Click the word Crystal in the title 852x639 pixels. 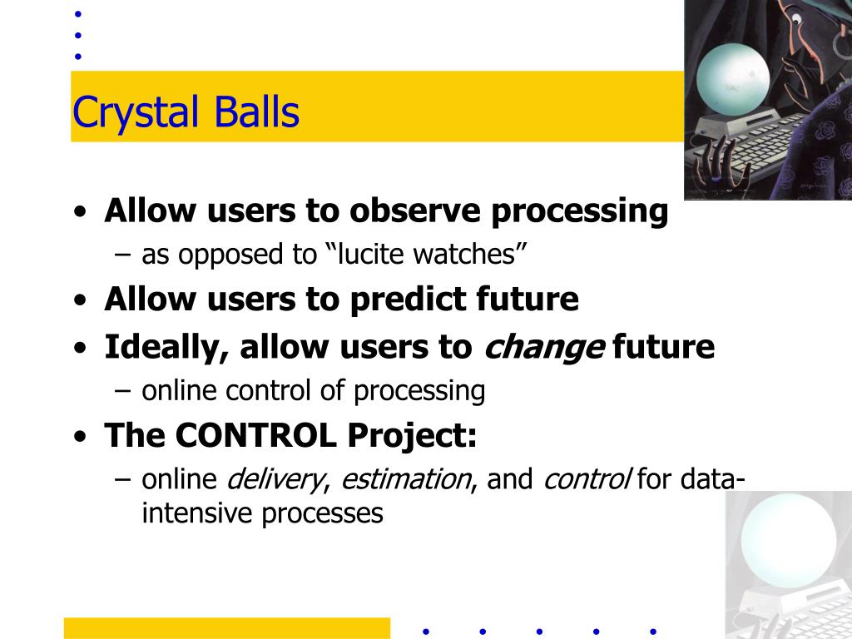click(136, 112)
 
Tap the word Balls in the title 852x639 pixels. click(256, 111)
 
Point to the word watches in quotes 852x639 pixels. click(464, 254)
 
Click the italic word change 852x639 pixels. click(544, 349)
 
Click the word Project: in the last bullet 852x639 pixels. click(412, 436)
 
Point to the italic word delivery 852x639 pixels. click(275, 480)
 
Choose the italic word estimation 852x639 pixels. click(406, 479)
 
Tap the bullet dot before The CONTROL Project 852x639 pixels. click(81, 436)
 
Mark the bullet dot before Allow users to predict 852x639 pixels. click(81, 300)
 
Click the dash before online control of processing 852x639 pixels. click(123, 391)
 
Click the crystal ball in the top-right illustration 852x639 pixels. click(733, 79)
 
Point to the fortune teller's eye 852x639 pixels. click(796, 21)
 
